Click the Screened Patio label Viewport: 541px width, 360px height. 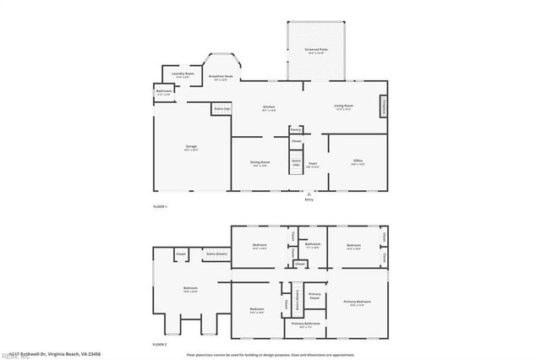318,51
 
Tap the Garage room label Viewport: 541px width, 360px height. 191,147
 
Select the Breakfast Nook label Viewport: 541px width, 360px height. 221,78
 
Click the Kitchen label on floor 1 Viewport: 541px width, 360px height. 269,107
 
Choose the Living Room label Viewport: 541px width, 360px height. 344,106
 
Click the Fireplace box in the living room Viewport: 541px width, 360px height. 385,107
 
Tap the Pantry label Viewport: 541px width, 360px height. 295,129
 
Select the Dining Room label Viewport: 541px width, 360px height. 260,162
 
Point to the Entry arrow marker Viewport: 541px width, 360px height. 309,194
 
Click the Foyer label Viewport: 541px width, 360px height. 312,163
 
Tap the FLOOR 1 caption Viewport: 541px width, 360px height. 160,207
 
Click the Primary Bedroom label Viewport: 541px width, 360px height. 358,302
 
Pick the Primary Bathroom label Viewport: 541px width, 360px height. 305,324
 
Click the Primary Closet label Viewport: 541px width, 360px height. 314,297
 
